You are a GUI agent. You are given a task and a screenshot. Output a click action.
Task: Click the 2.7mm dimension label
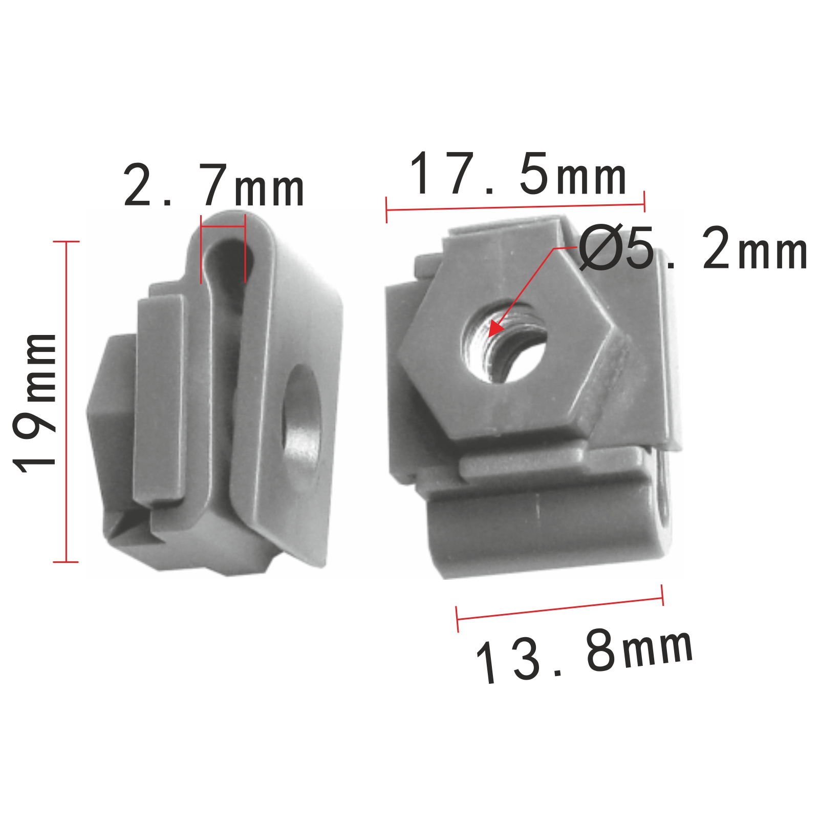(x=214, y=185)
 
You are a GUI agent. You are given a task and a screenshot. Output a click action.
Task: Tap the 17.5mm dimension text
(x=518, y=174)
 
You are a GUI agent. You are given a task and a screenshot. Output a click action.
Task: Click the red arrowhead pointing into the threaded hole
(x=495, y=328)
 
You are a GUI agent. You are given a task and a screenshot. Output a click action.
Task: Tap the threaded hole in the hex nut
(x=504, y=341)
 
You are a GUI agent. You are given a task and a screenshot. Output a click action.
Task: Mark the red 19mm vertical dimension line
(x=66, y=402)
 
